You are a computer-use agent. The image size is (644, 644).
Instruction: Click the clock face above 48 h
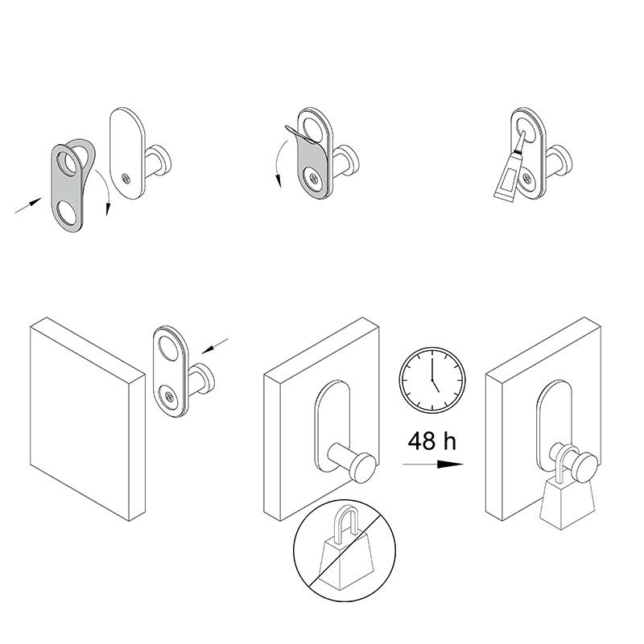click(432, 380)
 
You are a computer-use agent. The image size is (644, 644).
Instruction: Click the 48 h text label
click(432, 441)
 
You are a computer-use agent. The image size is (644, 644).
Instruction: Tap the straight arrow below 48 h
click(433, 464)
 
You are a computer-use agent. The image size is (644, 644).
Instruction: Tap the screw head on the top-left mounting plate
click(126, 179)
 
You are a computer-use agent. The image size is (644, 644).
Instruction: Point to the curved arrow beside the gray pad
click(105, 190)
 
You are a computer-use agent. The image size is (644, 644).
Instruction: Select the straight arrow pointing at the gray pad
click(28, 205)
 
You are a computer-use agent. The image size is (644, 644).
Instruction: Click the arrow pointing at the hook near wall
click(215, 346)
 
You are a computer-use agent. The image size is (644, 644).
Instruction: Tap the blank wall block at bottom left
click(88, 419)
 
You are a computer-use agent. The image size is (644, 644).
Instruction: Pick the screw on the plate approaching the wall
click(169, 396)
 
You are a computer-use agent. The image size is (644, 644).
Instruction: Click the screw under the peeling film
click(314, 178)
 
